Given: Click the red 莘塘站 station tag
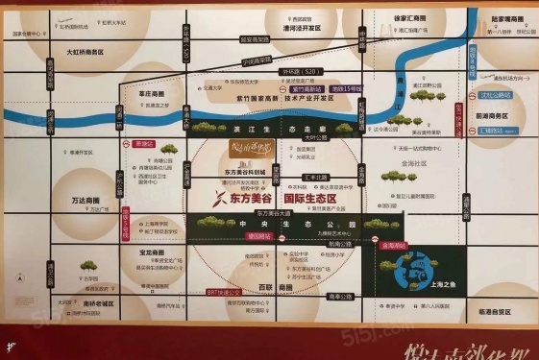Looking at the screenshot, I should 143,143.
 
